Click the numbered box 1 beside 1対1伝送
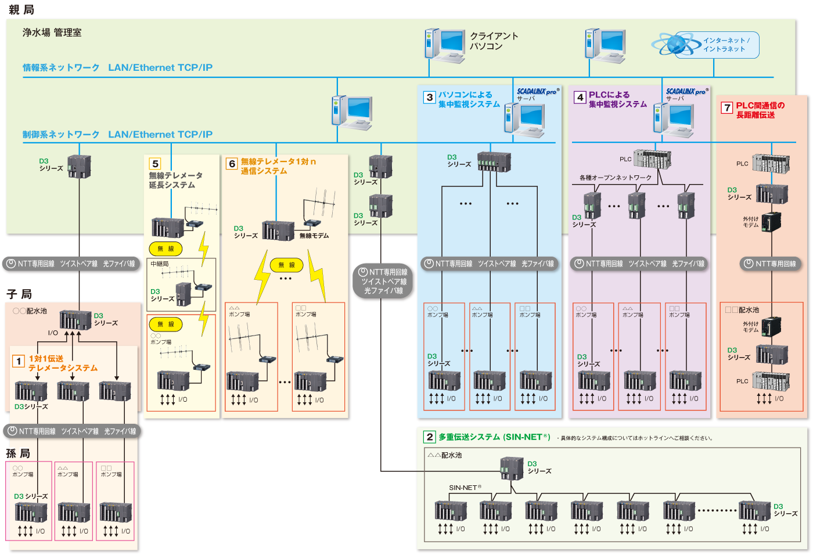pyautogui.click(x=19, y=362)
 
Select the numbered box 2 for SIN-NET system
pyautogui.click(x=429, y=437)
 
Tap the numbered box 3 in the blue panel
pyautogui.click(x=429, y=97)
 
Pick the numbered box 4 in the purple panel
pyautogui.click(x=580, y=97)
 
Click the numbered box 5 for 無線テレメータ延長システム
pyautogui.click(x=155, y=164)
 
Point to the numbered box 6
pyautogui.click(x=232, y=164)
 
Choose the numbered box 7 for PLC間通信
pyautogui.click(x=726, y=107)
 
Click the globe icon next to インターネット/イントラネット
pyautogui.click(x=674, y=44)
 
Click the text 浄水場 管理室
pyautogui.click(x=52, y=33)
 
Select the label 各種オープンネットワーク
pyautogui.click(x=615, y=178)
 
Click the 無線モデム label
pyautogui.click(x=314, y=236)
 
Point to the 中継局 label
pyautogui.click(x=160, y=264)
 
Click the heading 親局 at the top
pyautogui.click(x=21, y=9)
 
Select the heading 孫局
pyautogui.click(x=17, y=453)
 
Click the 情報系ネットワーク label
pyautogui.click(x=61, y=68)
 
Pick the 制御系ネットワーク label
pyautogui.click(x=61, y=135)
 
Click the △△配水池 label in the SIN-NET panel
pyautogui.click(x=444, y=455)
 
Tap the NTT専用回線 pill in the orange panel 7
pyautogui.click(x=771, y=264)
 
